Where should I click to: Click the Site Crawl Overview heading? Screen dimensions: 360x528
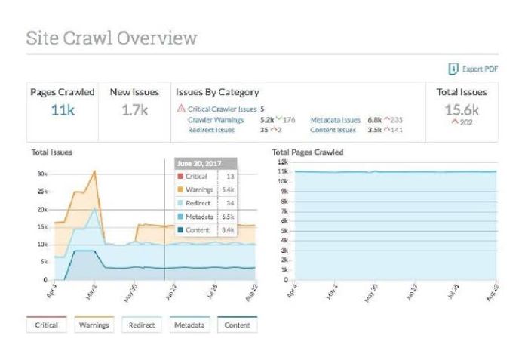111,38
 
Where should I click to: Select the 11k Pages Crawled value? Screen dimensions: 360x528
62,110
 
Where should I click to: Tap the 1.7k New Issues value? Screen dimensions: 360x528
134,110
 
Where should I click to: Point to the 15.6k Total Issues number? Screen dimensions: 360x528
462,109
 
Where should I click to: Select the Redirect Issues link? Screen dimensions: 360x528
211,130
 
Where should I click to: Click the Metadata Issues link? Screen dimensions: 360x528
335,119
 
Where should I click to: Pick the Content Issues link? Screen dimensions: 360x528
333,130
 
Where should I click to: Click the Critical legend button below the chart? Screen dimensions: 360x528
47,325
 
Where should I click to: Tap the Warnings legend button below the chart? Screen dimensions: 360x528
94,325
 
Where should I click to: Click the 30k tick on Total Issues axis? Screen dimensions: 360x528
42,174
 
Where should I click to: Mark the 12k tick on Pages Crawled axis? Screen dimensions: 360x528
284,162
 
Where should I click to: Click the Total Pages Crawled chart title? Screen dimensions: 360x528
307,152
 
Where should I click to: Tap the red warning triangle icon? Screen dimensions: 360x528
180,109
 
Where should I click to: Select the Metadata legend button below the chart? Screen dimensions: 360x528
189,325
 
